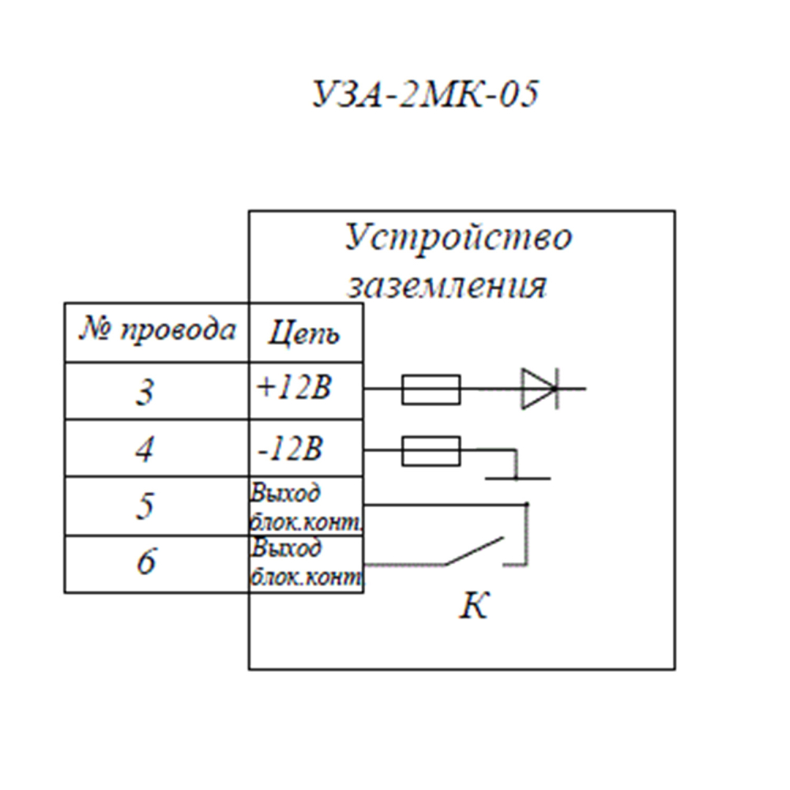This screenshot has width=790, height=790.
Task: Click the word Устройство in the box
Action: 458,238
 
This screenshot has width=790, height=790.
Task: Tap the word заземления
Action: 447,285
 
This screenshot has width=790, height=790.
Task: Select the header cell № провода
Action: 156,331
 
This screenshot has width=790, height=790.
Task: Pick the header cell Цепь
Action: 304,333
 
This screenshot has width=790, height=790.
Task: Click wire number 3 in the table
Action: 145,392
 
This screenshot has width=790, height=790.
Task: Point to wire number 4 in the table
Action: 144,450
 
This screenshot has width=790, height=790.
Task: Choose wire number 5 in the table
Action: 145,506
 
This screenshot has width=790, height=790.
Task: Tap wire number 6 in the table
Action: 145,564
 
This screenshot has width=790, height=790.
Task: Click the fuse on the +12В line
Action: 431,389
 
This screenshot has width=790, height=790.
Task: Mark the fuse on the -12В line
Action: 431,452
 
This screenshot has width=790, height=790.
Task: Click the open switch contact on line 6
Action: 474,551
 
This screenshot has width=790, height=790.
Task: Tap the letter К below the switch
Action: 475,607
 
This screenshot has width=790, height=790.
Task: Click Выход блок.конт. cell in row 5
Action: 306,506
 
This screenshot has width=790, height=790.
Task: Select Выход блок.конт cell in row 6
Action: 306,563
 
